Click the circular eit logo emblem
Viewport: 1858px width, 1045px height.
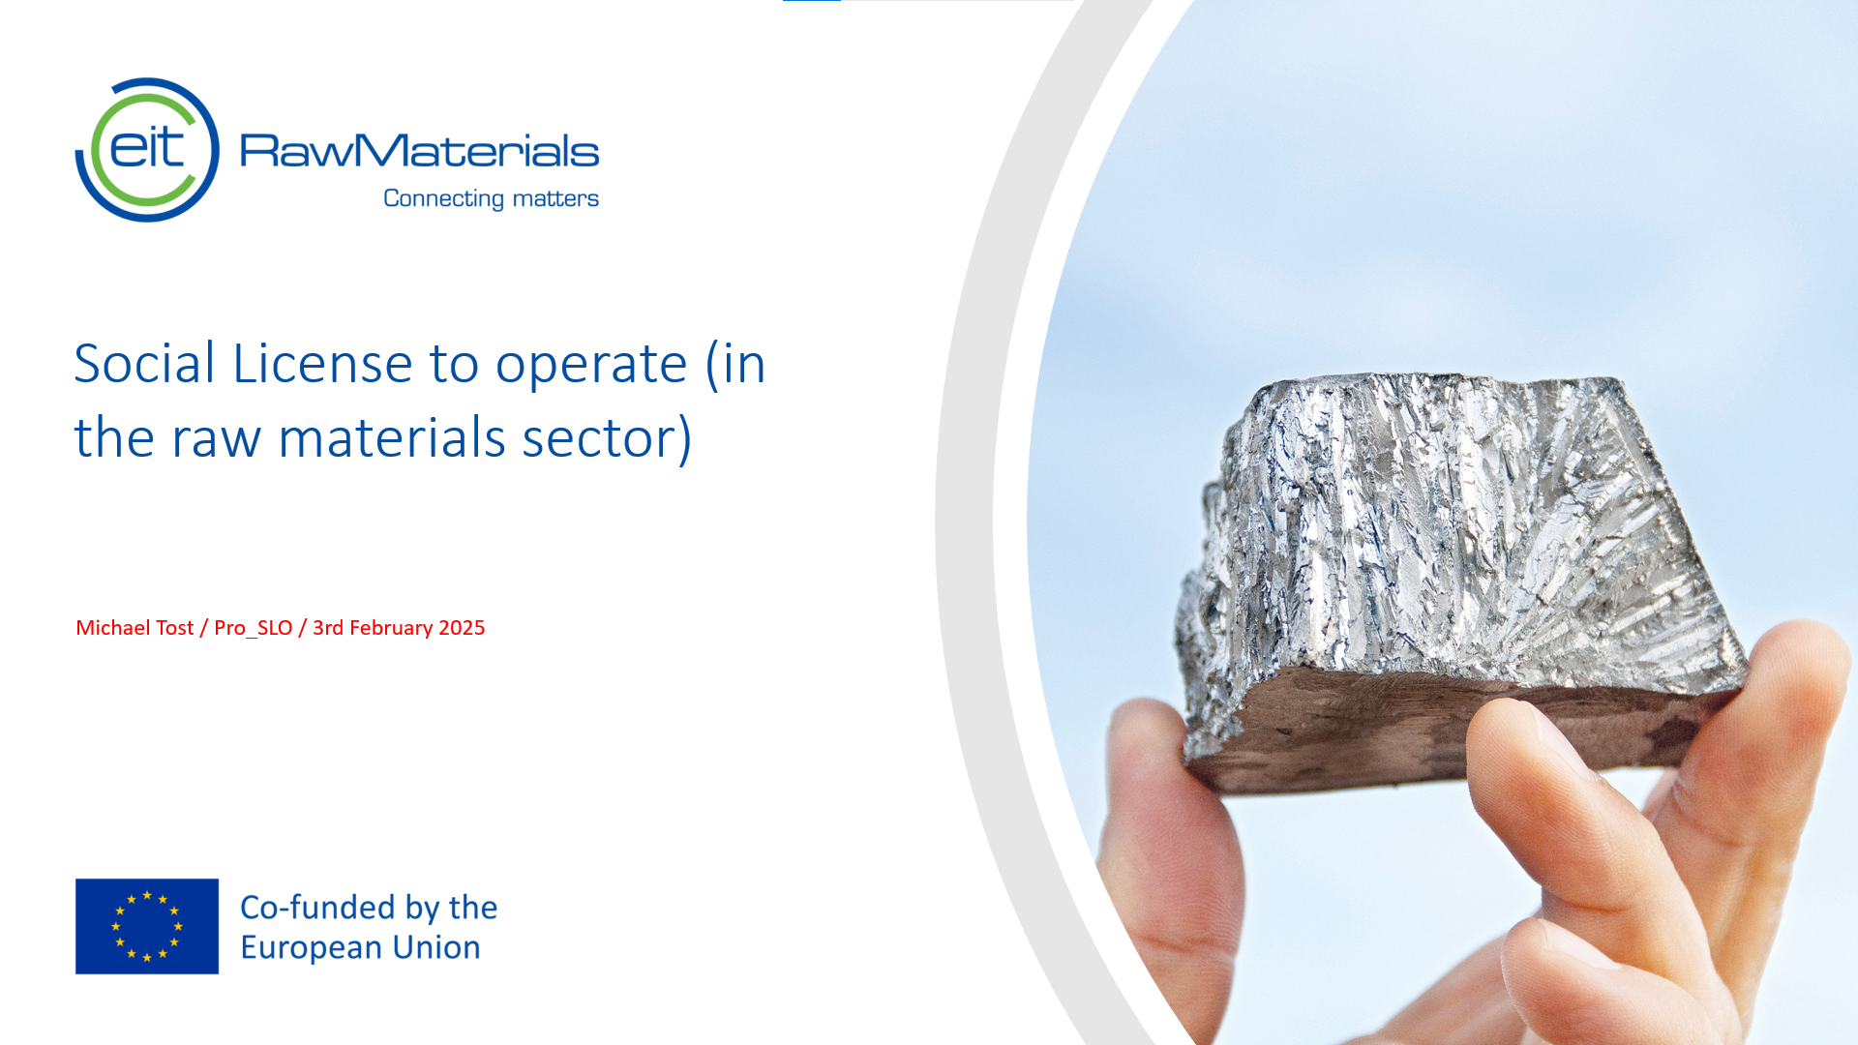click(x=147, y=150)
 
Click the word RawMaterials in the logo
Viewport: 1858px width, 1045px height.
click(x=419, y=151)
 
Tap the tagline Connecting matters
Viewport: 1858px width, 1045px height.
click(x=491, y=198)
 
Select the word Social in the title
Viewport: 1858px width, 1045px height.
click(x=144, y=364)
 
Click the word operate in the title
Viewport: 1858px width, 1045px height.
click(x=590, y=366)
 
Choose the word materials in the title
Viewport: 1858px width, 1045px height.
click(x=391, y=438)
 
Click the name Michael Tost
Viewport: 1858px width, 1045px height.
click(x=135, y=628)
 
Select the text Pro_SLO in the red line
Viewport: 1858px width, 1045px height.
click(x=253, y=628)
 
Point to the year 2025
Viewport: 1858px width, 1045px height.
click(x=462, y=628)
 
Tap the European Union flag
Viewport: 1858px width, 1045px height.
click(x=147, y=926)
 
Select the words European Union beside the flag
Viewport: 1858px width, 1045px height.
click(x=360, y=947)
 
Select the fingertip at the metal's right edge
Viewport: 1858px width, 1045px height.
click(x=1790, y=677)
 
